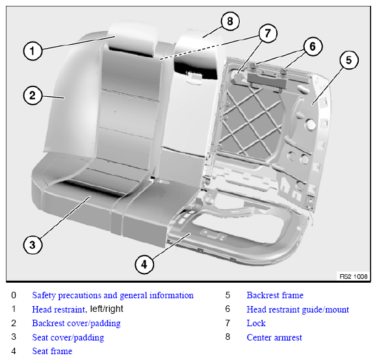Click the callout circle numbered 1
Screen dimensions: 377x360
pyautogui.click(x=32, y=51)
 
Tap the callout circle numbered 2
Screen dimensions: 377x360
pyautogui.click(x=32, y=96)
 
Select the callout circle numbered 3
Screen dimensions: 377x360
pyautogui.click(x=32, y=245)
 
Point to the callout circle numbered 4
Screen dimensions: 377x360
pyautogui.click(x=144, y=264)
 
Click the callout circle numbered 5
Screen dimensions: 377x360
pyautogui.click(x=349, y=60)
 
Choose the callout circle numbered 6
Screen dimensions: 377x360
pyautogui.click(x=313, y=46)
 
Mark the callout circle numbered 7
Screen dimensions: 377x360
pyautogui.click(x=268, y=33)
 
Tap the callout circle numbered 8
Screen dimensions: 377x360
pyautogui.click(x=230, y=21)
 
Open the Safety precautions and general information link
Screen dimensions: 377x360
pyautogui.click(x=112, y=296)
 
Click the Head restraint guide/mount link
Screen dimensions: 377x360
pyautogui.click(x=298, y=309)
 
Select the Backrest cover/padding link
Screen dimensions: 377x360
pyautogui.click(x=76, y=323)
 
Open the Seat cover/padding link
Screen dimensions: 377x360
pyautogui.click(x=68, y=337)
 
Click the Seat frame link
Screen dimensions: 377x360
pyautogui.click(x=52, y=351)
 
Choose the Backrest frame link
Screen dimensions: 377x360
pyautogui.click(x=275, y=295)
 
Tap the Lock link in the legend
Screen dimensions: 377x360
pyautogui.click(x=256, y=323)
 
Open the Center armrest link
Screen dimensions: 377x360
pyautogui.click(x=274, y=337)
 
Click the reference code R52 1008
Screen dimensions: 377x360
pyautogui.click(x=354, y=276)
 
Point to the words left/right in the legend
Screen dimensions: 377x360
pyautogui.click(x=107, y=309)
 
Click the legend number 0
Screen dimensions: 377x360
pyautogui.click(x=14, y=295)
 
